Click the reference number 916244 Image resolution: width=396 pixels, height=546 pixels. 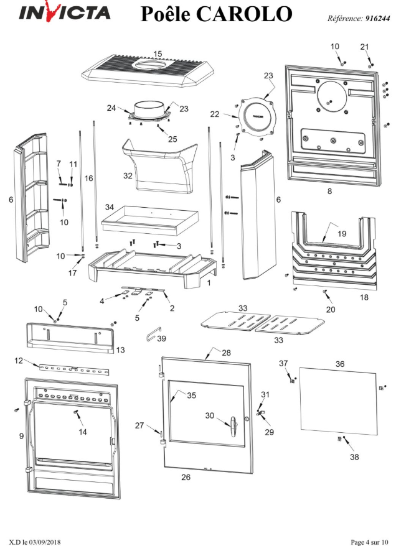377,19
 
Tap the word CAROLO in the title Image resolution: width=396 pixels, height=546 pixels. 244,14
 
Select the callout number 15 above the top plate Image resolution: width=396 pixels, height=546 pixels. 158,54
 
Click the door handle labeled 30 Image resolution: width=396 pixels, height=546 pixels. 232,427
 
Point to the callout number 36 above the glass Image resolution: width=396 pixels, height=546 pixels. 340,364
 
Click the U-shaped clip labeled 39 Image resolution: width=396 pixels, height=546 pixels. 153,335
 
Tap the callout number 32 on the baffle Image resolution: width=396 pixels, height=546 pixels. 128,175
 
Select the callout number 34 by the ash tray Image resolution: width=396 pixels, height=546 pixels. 110,207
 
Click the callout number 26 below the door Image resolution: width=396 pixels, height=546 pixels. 186,477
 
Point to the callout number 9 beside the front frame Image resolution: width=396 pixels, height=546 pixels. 22,436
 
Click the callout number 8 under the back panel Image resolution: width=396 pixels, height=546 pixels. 329,191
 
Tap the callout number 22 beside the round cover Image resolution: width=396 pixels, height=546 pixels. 215,114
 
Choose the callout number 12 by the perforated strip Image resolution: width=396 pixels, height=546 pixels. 19,361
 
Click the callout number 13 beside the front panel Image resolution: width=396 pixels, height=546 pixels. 120,349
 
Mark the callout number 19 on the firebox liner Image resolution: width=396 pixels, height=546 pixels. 342,233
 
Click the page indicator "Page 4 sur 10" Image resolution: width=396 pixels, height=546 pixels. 369,542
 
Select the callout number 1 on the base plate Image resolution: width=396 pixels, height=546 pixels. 209,283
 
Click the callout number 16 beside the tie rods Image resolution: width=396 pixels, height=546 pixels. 89,178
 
